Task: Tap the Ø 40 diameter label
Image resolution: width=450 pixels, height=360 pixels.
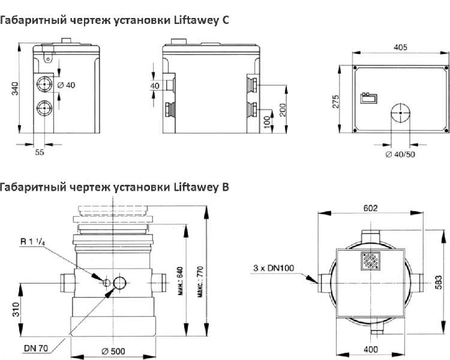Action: [65, 85]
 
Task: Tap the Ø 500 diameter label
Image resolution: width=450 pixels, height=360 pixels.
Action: [113, 351]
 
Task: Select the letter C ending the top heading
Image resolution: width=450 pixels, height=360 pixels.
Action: [225, 20]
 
